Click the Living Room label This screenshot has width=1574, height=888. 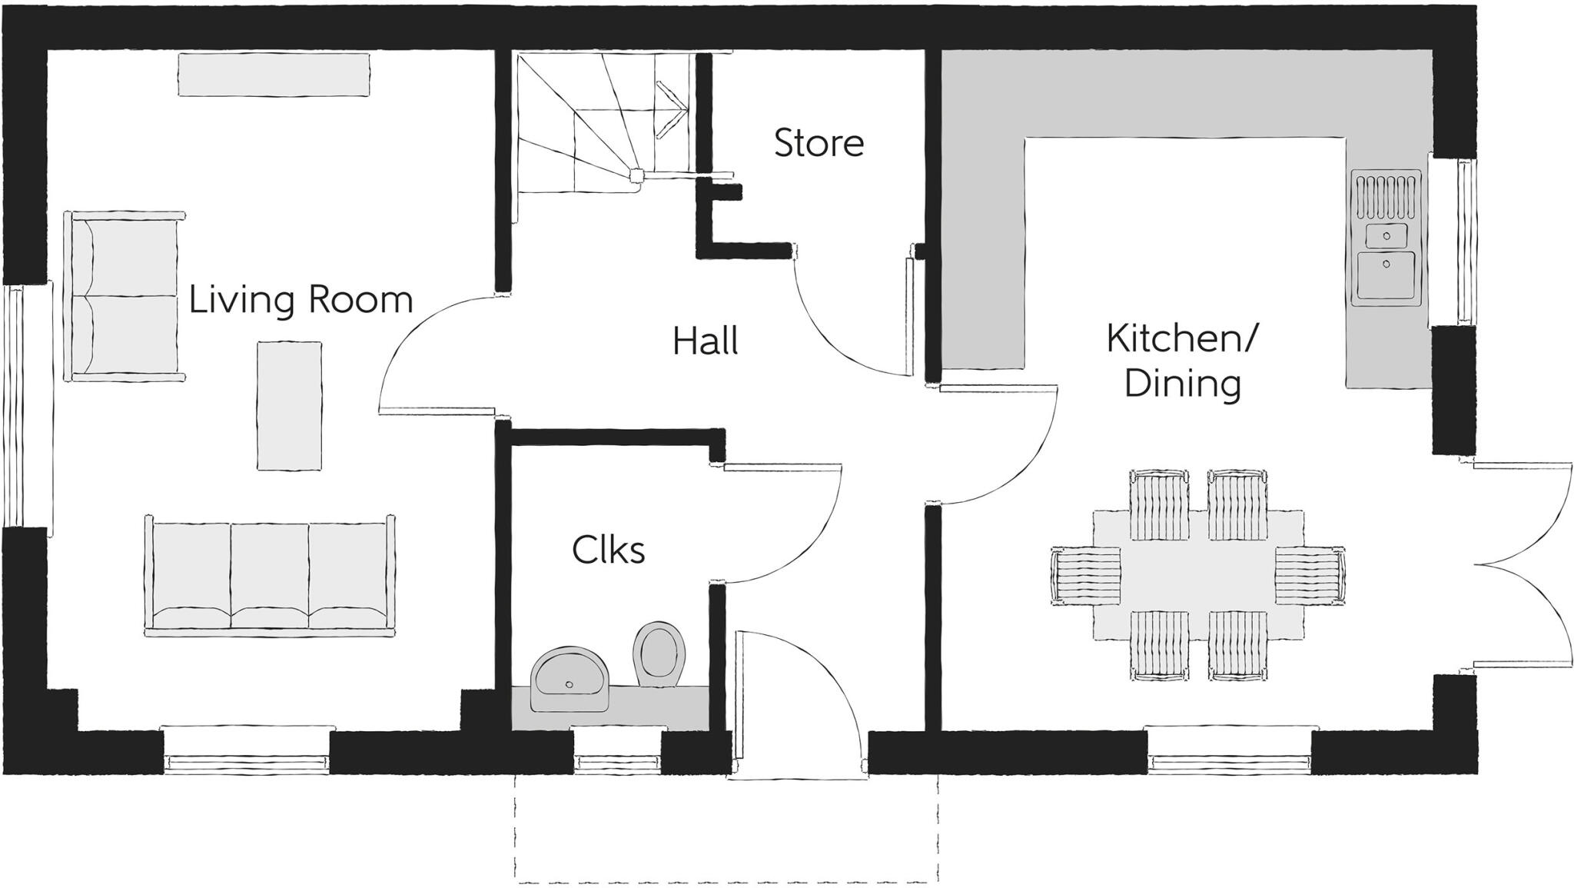click(x=301, y=300)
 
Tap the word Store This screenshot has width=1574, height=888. click(x=819, y=144)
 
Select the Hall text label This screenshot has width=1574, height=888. click(x=705, y=341)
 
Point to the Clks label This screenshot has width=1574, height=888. click(x=608, y=550)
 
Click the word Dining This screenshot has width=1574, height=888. click(x=1182, y=384)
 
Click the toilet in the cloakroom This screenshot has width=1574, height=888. click(x=659, y=654)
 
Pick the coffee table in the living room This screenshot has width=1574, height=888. click(x=289, y=405)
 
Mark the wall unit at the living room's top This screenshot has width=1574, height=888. click(x=274, y=75)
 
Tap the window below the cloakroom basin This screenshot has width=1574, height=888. click(x=618, y=761)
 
